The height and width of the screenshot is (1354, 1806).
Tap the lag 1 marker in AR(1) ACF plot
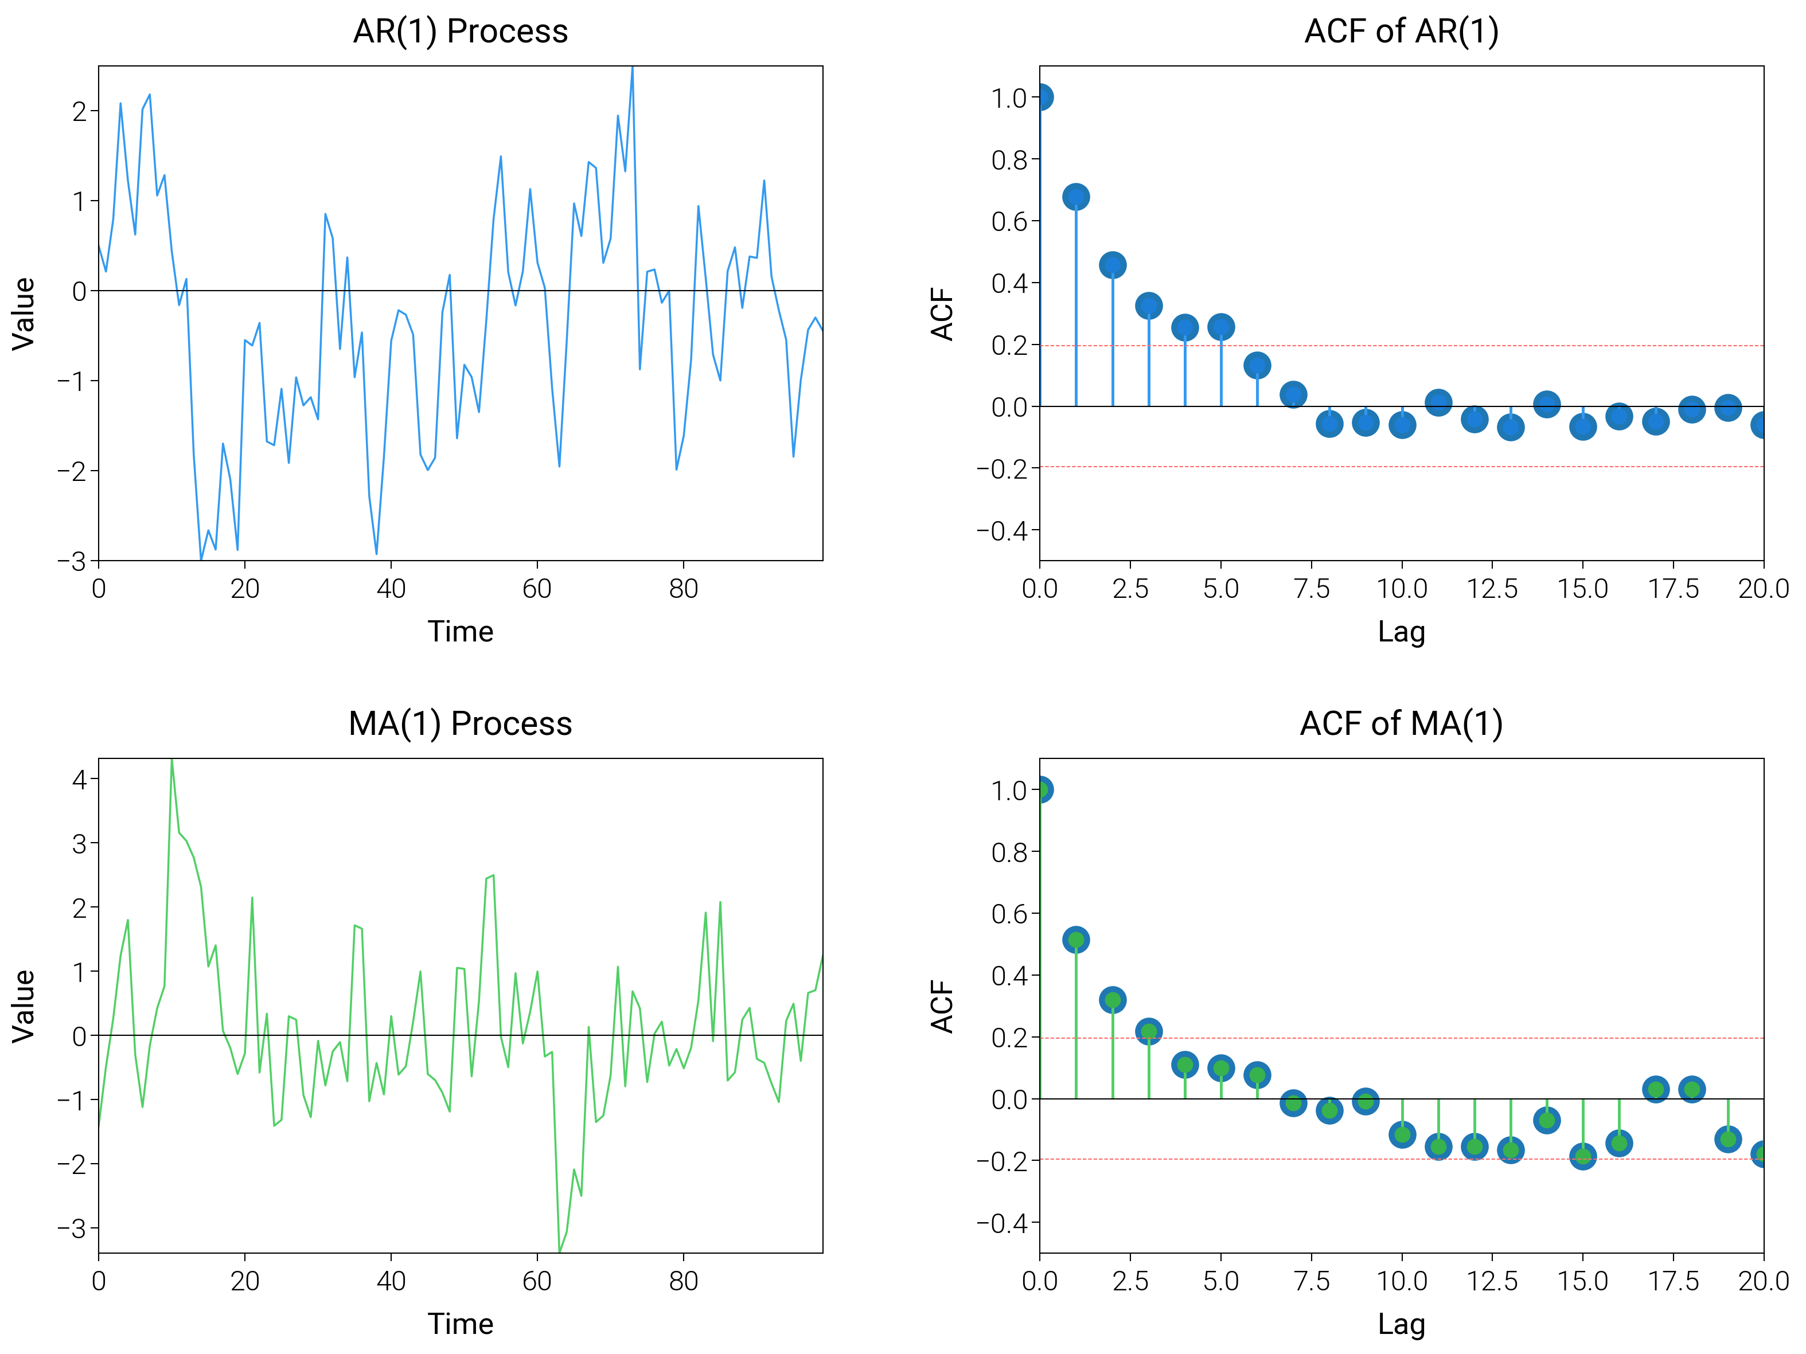coord(1076,197)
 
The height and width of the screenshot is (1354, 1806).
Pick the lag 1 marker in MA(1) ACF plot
coord(1076,940)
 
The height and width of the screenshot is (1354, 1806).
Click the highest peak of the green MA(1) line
coord(171,761)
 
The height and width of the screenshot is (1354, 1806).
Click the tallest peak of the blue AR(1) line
coord(633,69)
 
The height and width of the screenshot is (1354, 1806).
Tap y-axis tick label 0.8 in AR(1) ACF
coord(1009,160)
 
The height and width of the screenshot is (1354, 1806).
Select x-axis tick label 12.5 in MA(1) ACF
coord(1492,1281)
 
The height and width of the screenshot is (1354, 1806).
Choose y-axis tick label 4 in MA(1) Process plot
coord(79,780)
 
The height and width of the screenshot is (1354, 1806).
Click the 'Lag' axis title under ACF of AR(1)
coord(1401,632)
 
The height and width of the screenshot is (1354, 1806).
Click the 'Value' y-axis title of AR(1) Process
coord(24,314)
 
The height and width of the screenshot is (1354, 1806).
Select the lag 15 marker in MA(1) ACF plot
coord(1582,1156)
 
